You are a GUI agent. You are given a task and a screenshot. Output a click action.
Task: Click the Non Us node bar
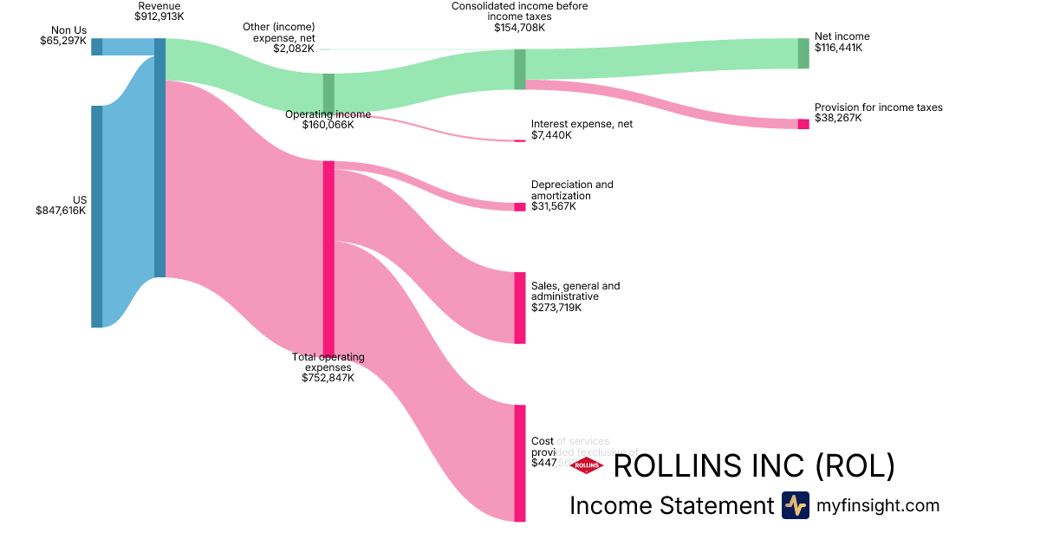(x=97, y=47)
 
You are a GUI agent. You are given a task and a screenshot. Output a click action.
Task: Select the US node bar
(x=97, y=217)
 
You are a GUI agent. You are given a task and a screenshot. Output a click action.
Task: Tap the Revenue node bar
(x=159, y=158)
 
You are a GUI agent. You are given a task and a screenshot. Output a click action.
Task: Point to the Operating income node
(x=328, y=94)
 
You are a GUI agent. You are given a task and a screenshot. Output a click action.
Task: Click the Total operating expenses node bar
(x=328, y=257)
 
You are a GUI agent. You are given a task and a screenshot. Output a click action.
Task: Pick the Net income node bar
(x=803, y=53)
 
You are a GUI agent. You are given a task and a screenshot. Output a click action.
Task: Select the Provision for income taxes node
(x=803, y=124)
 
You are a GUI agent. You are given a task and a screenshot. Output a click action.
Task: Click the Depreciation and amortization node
(x=519, y=206)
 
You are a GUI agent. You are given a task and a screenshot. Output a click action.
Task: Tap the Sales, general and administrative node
(x=519, y=308)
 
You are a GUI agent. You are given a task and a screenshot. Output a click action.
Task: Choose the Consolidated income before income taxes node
(x=519, y=69)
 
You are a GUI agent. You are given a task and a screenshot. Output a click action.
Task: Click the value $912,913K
(x=159, y=16)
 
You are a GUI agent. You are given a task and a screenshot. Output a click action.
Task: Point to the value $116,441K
(x=838, y=48)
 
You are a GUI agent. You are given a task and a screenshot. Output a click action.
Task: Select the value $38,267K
(x=838, y=118)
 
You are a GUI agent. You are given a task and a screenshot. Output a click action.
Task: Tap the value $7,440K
(x=551, y=135)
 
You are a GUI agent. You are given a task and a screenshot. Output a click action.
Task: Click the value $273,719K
(x=556, y=307)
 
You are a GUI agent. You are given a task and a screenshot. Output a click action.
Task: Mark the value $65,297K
(x=63, y=41)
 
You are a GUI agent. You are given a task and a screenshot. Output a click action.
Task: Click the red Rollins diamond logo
(x=587, y=465)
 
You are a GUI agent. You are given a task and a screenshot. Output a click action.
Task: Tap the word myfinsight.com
(x=878, y=505)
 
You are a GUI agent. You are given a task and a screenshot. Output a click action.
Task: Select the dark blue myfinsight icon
(x=795, y=505)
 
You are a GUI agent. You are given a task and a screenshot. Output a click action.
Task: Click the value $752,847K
(x=328, y=377)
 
